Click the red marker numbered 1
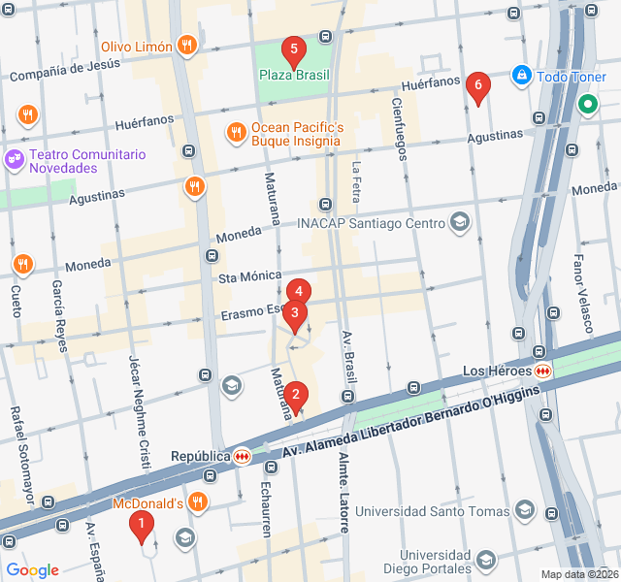(142, 527)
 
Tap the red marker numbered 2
(296, 395)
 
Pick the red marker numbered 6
(475, 86)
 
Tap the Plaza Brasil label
(293, 75)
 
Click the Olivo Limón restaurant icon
(188, 46)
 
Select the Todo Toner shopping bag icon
(522, 75)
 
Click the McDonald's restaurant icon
(198, 501)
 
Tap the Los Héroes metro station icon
(543, 371)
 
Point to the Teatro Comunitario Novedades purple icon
(14, 156)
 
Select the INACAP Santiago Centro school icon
(459, 223)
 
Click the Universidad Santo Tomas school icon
(525, 510)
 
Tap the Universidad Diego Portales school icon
(486, 561)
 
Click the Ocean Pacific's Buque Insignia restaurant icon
(236, 132)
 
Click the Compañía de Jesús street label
(64, 70)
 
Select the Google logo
(33, 570)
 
